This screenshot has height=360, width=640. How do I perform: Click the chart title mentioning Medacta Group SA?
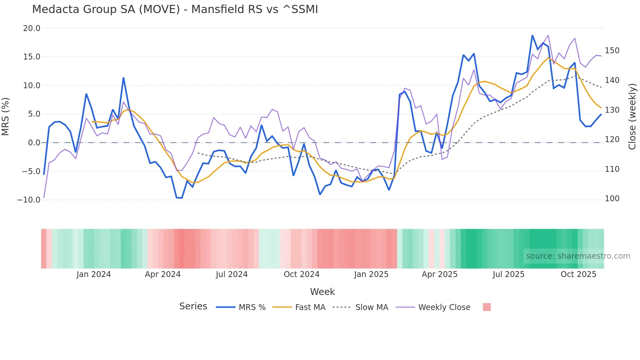[175, 9]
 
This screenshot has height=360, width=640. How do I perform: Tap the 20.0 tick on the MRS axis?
[32, 28]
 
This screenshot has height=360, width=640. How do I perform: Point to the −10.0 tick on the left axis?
[29, 200]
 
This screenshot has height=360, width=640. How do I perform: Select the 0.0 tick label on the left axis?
[34, 143]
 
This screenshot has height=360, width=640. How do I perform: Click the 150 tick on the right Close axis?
[612, 51]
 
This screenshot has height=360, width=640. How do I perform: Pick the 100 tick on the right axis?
[612, 199]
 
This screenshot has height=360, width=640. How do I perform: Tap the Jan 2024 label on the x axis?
[94, 274]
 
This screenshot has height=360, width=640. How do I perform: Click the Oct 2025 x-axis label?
[578, 274]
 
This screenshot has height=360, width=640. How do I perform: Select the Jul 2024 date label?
[232, 274]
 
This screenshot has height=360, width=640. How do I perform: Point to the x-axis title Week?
[322, 292]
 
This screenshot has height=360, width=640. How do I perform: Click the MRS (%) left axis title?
[6, 116]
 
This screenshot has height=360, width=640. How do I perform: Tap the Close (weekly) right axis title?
[632, 116]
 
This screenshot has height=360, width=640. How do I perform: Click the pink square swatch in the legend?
[487, 307]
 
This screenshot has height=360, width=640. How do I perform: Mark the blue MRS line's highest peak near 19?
[532, 35]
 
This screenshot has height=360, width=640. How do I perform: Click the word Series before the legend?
[193, 306]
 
